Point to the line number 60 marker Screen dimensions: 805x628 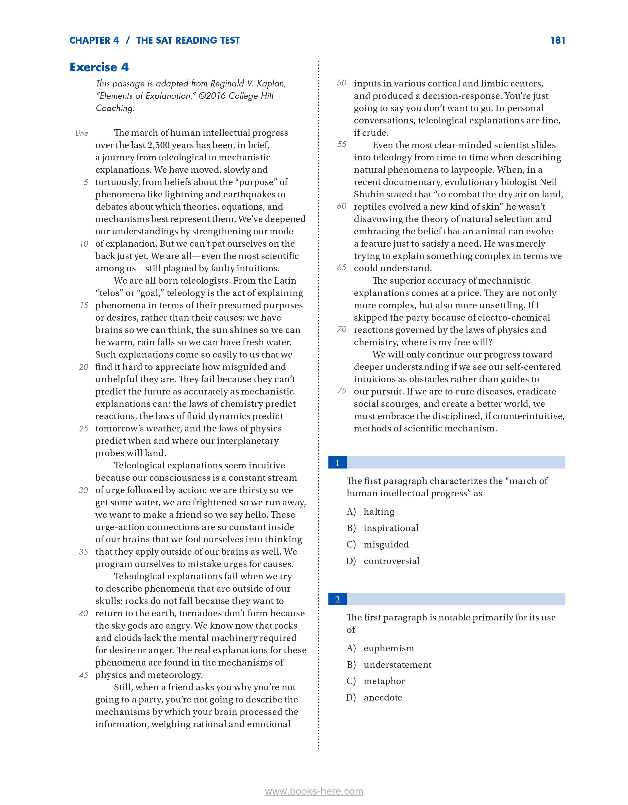pyautogui.click(x=341, y=206)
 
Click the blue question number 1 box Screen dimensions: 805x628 pyautogui.click(x=337, y=462)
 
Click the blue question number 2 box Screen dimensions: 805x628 pyautogui.click(x=337, y=599)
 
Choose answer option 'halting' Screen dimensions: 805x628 pyautogui.click(x=379, y=512)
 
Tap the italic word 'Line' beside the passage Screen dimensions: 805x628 pyautogui.click(x=82, y=133)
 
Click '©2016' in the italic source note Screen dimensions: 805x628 pyautogui.click(x=212, y=96)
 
